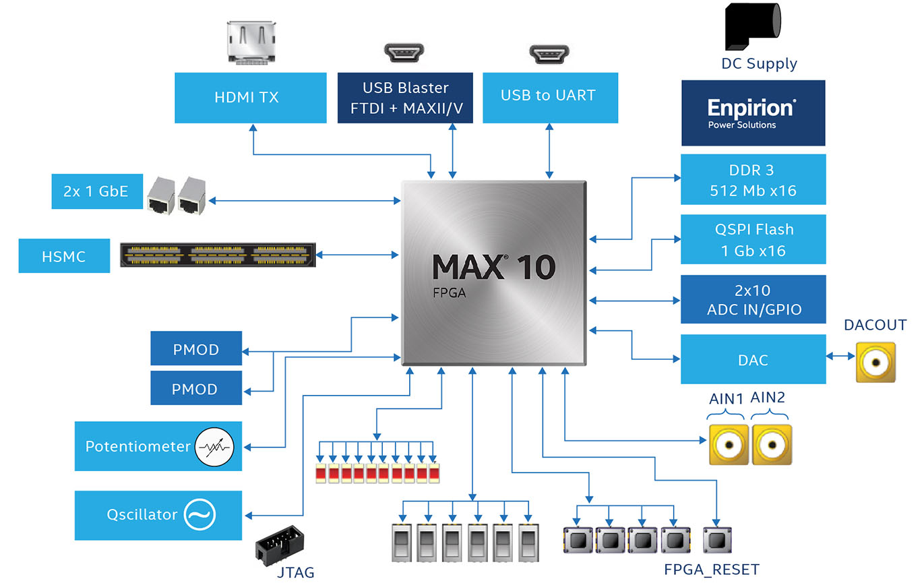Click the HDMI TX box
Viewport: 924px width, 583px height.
[246, 98]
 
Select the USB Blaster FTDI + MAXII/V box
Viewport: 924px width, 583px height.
[405, 98]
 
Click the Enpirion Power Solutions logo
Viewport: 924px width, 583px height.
[753, 113]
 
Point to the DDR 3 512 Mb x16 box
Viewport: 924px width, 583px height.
[753, 180]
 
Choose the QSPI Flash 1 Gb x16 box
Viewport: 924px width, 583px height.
[753, 239]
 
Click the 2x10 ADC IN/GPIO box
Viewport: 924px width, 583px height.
[753, 299]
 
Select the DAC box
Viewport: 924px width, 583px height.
[753, 359]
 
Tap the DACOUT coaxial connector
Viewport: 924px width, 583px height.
[875, 363]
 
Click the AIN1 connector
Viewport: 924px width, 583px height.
[729, 445]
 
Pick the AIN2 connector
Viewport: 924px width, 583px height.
[771, 445]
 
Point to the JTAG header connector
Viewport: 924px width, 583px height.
[280, 547]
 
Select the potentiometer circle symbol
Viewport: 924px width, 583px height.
[214, 446]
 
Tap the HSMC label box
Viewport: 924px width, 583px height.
[64, 256]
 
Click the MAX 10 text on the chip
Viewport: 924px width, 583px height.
[493, 268]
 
